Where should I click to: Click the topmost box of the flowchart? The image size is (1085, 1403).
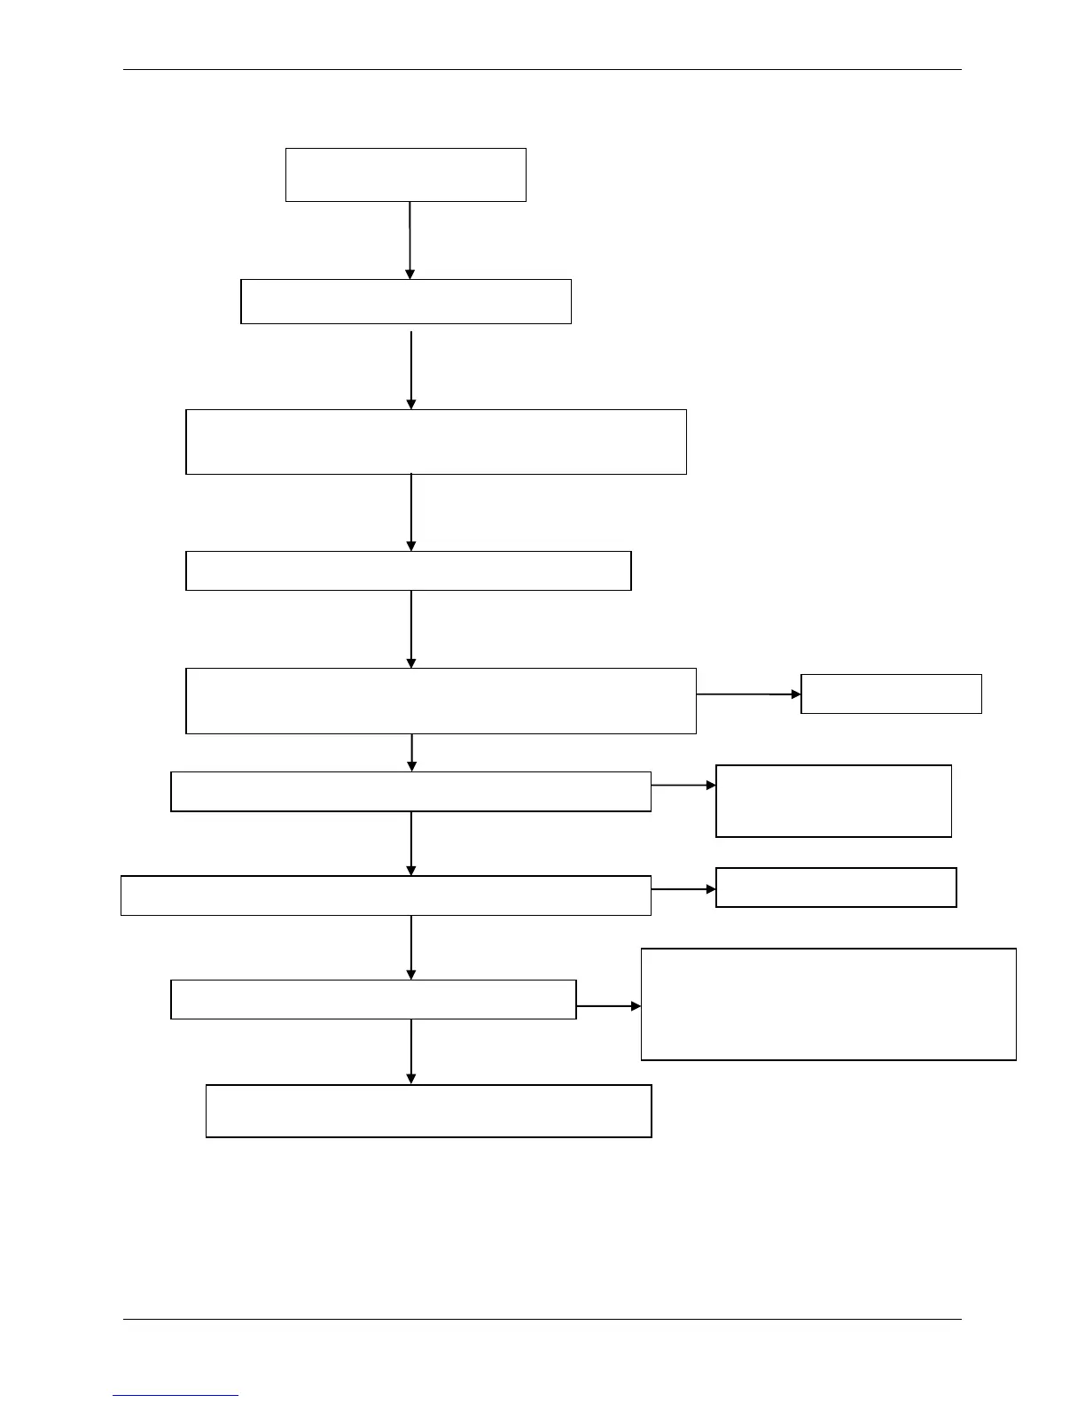click(405, 174)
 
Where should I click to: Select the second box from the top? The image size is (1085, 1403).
click(405, 301)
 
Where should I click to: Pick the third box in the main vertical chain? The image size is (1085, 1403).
click(435, 441)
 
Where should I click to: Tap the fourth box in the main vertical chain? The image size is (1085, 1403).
click(408, 570)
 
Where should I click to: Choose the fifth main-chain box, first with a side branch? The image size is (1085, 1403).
click(441, 701)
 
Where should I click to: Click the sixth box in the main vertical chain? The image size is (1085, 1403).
click(410, 791)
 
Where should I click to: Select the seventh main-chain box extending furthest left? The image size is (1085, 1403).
click(386, 895)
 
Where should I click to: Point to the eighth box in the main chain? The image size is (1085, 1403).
click(373, 999)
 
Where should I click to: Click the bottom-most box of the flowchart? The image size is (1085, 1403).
click(428, 1111)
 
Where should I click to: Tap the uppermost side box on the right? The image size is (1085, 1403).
click(891, 694)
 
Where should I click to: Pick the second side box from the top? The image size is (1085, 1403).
click(833, 801)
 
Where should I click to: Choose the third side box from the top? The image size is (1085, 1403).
click(836, 887)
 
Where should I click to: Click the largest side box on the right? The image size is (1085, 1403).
click(828, 1004)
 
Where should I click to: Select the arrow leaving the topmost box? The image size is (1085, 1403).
click(410, 240)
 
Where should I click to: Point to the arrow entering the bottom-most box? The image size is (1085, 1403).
click(411, 1051)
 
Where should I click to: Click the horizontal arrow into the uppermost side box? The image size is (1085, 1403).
click(749, 694)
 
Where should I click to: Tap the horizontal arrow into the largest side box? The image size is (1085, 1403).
click(609, 1006)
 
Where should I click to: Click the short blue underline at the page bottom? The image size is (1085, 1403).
click(176, 1395)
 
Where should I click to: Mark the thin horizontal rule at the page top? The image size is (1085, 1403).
click(542, 69)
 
